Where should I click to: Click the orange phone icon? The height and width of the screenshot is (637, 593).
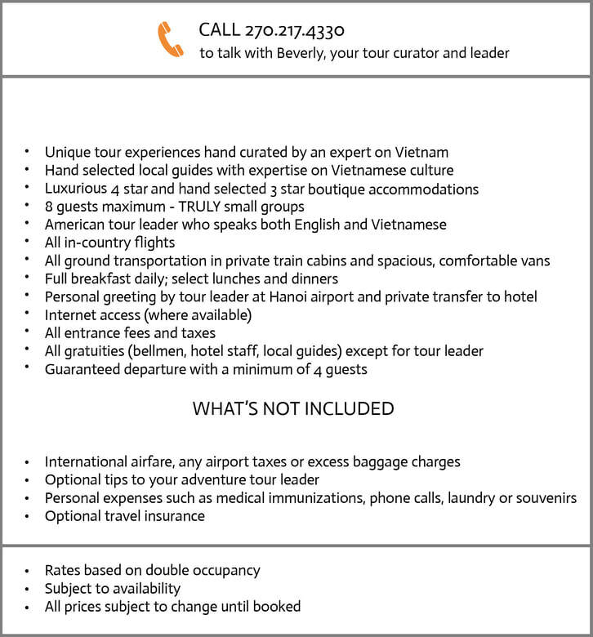click(x=171, y=39)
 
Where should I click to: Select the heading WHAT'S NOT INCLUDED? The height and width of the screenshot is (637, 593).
click(x=293, y=408)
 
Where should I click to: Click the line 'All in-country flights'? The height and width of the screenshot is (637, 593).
click(x=109, y=243)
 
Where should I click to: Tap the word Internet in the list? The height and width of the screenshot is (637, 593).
click(x=70, y=314)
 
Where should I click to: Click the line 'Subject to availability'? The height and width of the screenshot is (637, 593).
click(x=113, y=588)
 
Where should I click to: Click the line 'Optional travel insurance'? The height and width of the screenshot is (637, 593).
click(x=124, y=516)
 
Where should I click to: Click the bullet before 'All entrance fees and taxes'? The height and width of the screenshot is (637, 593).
click(x=26, y=332)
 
